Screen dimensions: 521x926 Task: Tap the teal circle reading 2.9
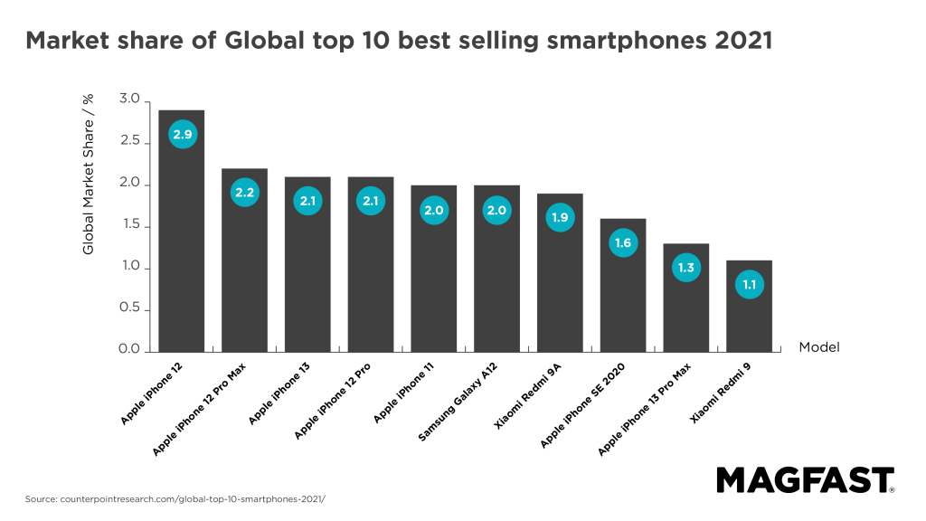click(x=183, y=135)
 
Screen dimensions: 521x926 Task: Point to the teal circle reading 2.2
click(x=245, y=193)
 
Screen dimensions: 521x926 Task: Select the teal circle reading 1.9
click(x=560, y=217)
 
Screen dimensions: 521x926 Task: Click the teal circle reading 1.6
click(x=623, y=242)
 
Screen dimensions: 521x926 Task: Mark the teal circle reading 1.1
click(x=750, y=285)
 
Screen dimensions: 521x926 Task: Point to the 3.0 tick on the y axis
click(x=129, y=99)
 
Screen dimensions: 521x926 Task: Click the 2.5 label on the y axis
click(x=129, y=141)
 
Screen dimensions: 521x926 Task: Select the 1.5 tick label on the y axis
click(x=129, y=224)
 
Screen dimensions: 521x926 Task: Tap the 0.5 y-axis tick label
click(x=129, y=308)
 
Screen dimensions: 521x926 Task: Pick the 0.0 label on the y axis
click(x=129, y=350)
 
